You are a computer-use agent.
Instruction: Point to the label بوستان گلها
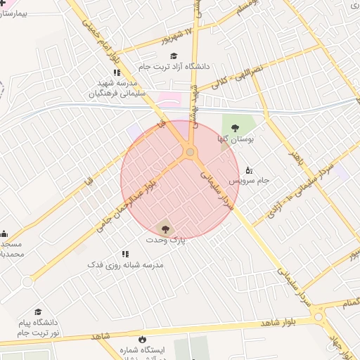pos(238,139)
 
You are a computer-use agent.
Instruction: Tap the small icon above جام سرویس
pos(248,169)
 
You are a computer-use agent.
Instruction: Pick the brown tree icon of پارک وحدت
pos(165,229)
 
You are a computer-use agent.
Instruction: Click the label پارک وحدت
pos(164,240)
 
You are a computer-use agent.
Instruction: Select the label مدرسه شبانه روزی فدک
pos(125,265)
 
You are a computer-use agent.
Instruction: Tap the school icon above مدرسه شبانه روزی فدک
pos(125,254)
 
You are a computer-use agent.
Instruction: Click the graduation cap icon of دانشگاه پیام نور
pos(38,312)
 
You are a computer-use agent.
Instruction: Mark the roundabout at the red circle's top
pos(190,152)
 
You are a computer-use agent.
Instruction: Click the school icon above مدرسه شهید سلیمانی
pos(117,72)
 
